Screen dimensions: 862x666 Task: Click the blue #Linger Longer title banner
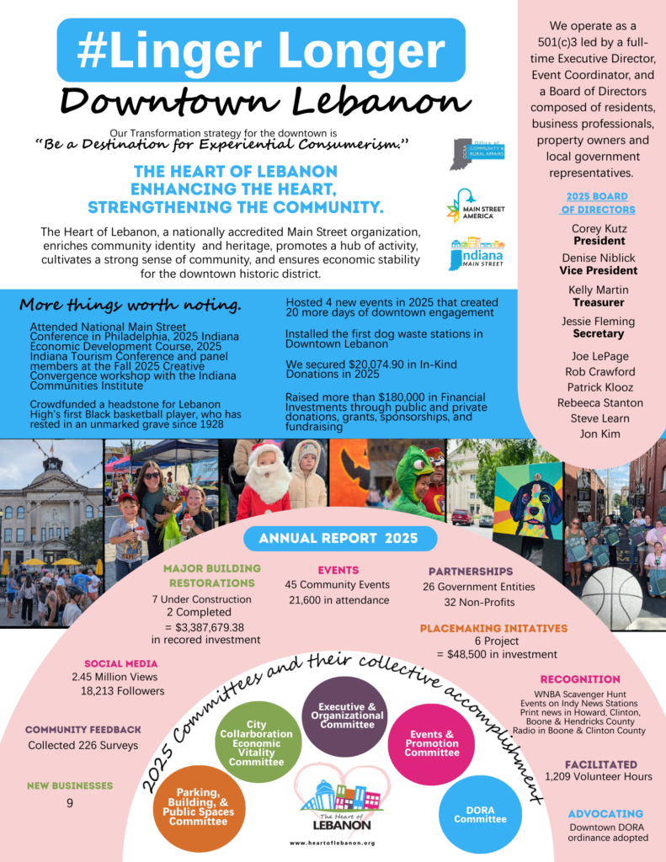coord(261,50)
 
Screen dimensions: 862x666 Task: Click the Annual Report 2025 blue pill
coord(341,538)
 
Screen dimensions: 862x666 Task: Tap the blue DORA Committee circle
coord(480,814)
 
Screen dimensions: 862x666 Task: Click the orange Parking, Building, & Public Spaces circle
coord(199,806)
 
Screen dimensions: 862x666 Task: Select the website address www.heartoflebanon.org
coord(332,843)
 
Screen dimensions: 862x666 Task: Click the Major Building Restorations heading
coord(211,575)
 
